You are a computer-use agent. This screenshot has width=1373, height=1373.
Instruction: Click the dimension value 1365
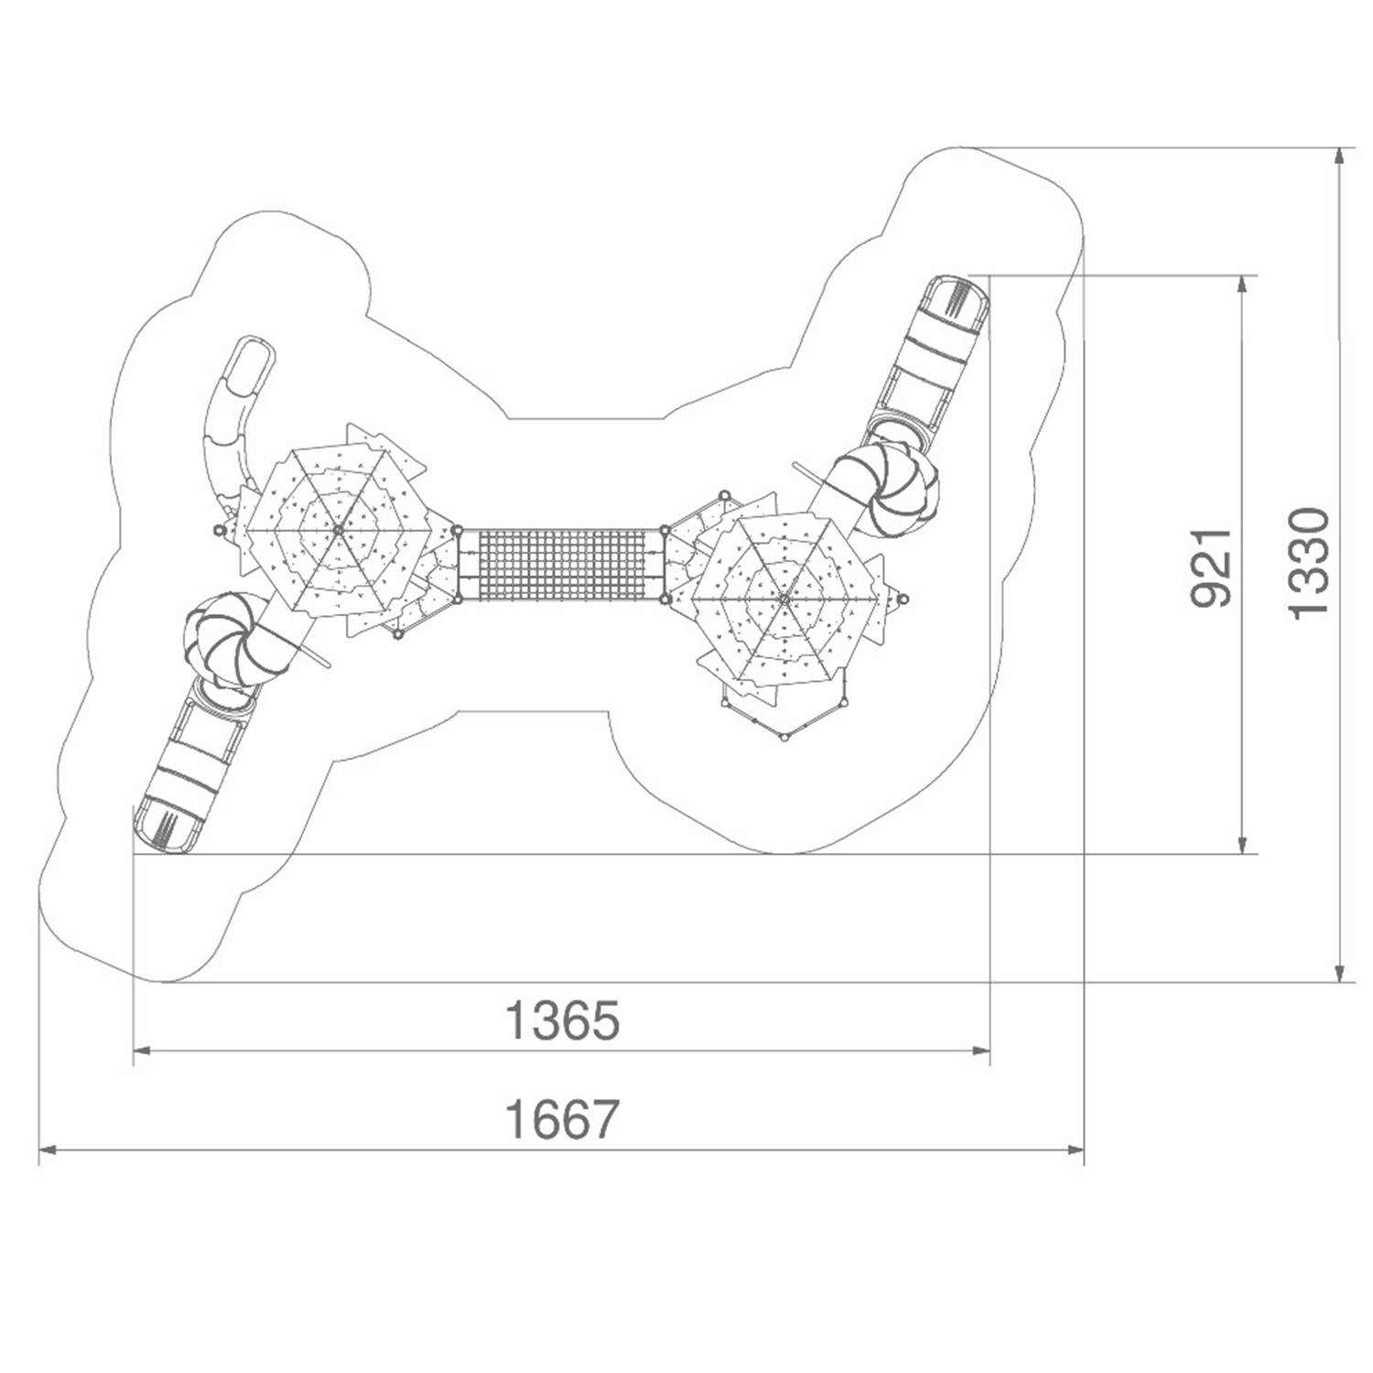[562, 1020]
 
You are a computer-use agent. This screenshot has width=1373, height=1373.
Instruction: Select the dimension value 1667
[562, 1119]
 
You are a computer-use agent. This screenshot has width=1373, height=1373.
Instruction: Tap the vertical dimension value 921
[1211, 568]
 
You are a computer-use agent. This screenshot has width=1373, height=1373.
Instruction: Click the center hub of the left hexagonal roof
[338, 529]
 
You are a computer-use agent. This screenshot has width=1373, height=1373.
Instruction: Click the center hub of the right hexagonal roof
[784, 599]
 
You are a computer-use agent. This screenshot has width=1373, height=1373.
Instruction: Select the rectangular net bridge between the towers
[561, 565]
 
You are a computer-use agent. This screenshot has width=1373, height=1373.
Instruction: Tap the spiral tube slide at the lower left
[233, 640]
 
